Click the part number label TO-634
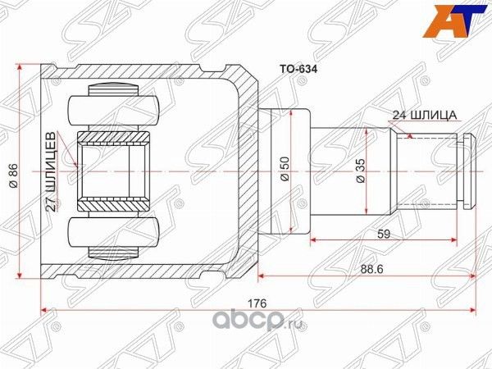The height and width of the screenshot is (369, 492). click(293, 71)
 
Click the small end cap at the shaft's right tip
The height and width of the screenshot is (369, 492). click(466, 172)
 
